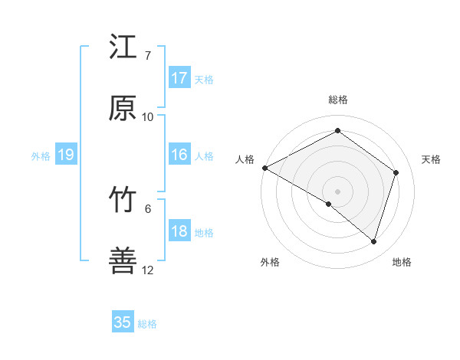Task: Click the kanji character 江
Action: pyautogui.click(x=123, y=47)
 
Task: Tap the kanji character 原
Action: pyautogui.click(x=123, y=109)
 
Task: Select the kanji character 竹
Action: pyautogui.click(x=123, y=201)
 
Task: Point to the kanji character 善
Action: pyautogui.click(x=123, y=262)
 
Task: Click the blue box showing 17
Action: pyautogui.click(x=179, y=78)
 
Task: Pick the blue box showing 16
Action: pyautogui.click(x=179, y=155)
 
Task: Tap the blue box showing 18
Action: pyautogui.click(x=179, y=232)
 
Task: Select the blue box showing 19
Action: pyautogui.click(x=66, y=155)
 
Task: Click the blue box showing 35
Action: pyautogui.click(x=123, y=322)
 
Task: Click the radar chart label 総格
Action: pyautogui.click(x=337, y=100)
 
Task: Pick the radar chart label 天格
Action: pyautogui.click(x=431, y=159)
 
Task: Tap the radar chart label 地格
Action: pyautogui.click(x=402, y=262)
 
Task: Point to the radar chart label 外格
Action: pyautogui.click(x=270, y=262)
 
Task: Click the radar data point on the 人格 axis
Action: pyautogui.click(x=264, y=168)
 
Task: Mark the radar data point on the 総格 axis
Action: pyautogui.click(x=337, y=131)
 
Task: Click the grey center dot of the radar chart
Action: pyautogui.click(x=337, y=191)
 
